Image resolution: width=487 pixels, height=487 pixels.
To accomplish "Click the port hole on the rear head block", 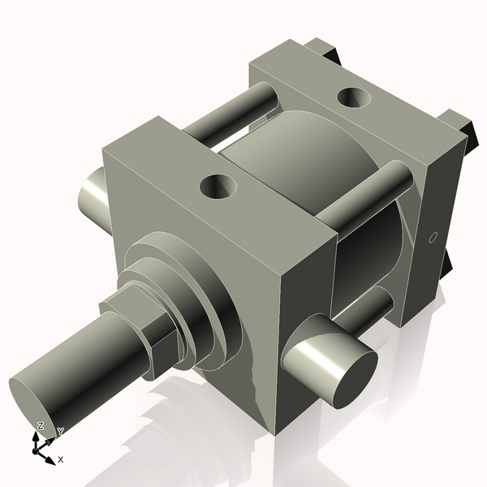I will point(354,97).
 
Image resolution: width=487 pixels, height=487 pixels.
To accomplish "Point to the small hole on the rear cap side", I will point(433,238).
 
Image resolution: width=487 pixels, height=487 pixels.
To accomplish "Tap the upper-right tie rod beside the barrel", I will point(369,195).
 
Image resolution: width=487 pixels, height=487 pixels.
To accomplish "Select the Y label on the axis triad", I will point(60,431).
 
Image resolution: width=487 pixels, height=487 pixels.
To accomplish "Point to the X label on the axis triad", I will point(60,459).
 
